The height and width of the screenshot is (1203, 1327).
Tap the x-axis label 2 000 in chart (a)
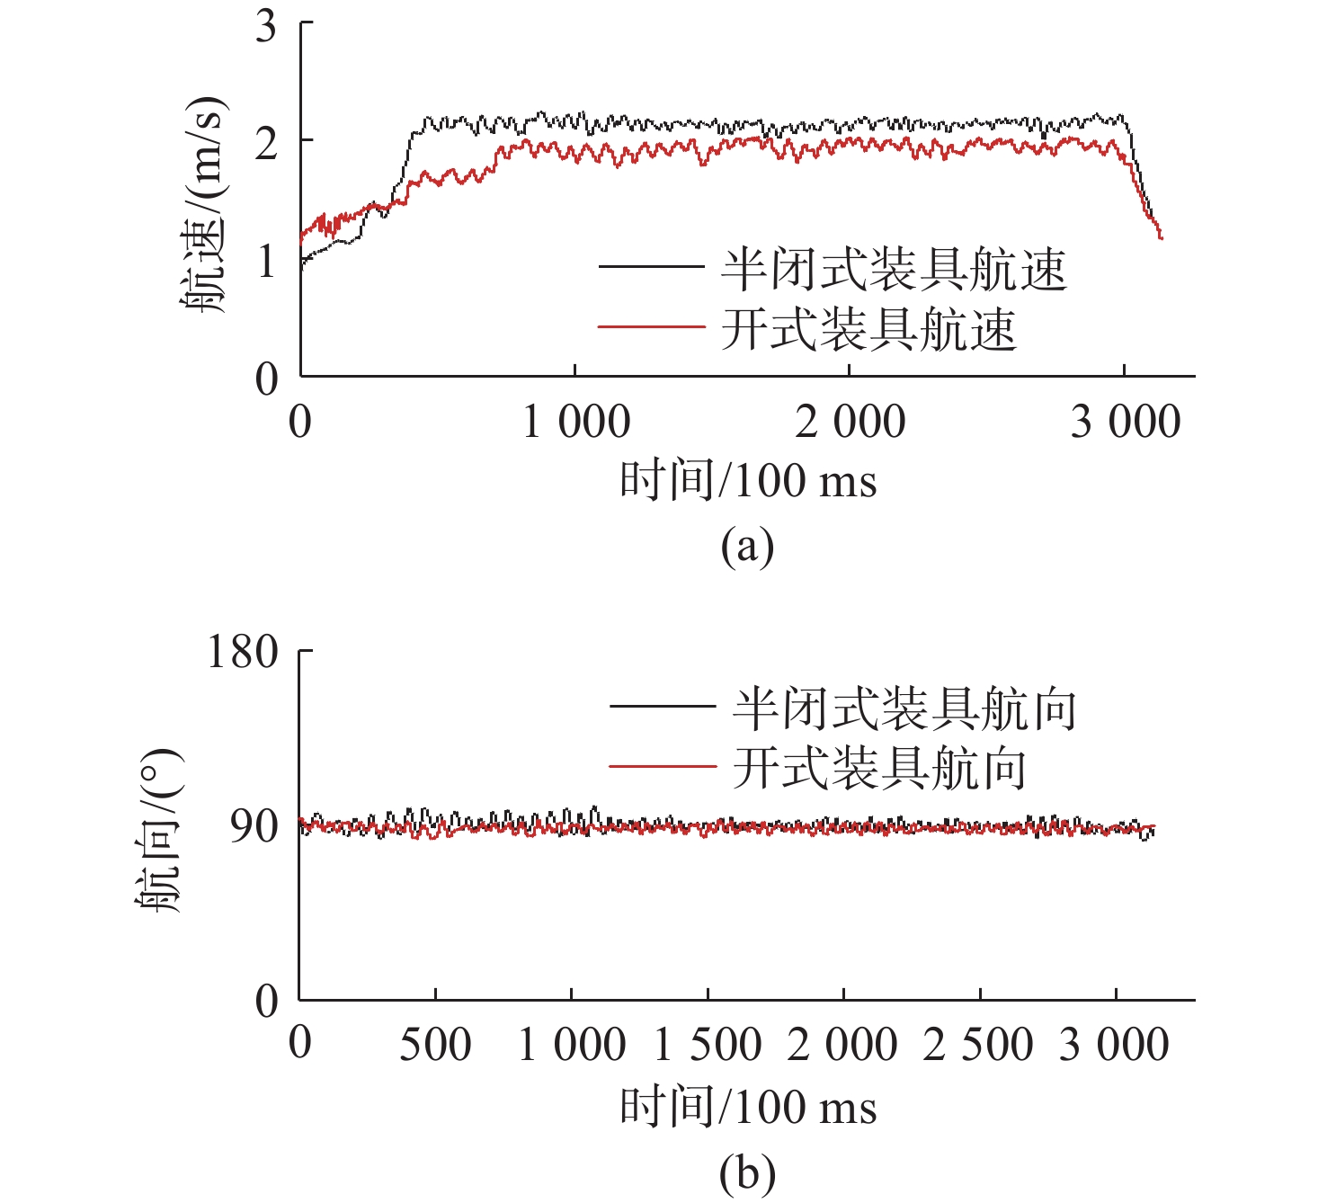(850, 423)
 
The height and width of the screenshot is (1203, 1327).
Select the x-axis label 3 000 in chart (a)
(1125, 423)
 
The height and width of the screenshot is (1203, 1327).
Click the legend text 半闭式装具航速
(894, 269)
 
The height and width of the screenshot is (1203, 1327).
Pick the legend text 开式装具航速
(868, 329)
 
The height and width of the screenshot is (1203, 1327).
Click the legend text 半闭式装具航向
(904, 709)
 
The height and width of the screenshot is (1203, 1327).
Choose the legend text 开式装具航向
(879, 769)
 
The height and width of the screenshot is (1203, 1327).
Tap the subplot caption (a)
(747, 546)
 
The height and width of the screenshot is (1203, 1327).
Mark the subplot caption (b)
(747, 1173)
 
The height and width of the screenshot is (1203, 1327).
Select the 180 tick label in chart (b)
(243, 652)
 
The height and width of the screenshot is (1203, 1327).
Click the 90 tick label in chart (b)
(254, 825)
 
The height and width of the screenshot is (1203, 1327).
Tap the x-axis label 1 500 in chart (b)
(708, 1045)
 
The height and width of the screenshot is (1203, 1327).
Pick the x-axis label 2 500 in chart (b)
(979, 1045)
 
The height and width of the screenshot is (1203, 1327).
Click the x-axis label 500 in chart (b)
(435, 1045)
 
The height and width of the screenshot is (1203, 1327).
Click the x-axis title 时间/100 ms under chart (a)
(748, 480)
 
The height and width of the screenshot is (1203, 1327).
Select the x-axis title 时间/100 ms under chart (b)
(748, 1107)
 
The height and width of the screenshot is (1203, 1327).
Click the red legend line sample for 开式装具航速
(651, 327)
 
